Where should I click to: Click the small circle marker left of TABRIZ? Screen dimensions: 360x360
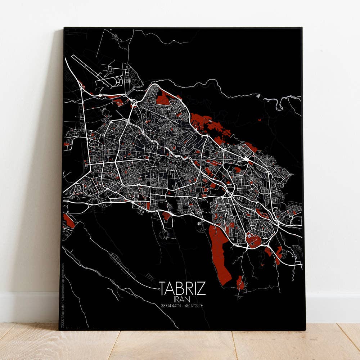click(x=159, y=289)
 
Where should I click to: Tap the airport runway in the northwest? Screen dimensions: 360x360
click(x=90, y=71)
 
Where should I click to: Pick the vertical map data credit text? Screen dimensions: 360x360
click(x=62, y=295)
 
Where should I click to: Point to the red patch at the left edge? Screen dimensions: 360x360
click(x=68, y=220)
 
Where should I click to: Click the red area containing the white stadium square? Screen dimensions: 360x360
click(x=253, y=239)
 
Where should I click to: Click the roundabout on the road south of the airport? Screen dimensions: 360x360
click(x=99, y=95)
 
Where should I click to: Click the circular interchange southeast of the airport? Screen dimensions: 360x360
click(x=134, y=103)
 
